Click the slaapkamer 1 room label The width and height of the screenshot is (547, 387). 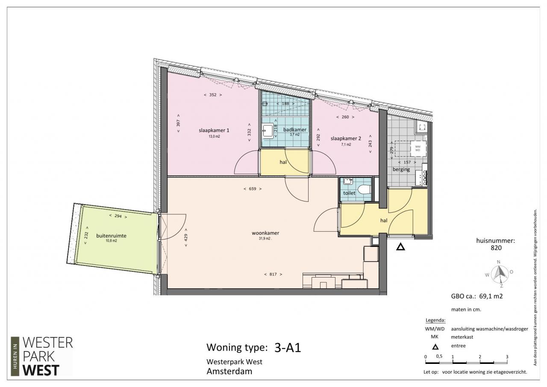click(214, 130)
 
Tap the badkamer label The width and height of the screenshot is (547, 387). click(295, 130)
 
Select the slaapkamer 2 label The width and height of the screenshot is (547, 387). click(346, 139)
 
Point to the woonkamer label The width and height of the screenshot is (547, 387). click(265, 233)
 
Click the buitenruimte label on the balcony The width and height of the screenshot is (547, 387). click(111, 236)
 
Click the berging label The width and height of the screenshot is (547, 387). click(401, 169)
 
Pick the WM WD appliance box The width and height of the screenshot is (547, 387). click(418, 148)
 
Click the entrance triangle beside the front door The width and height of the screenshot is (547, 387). click(400, 247)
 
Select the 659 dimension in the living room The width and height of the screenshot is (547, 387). click(253, 189)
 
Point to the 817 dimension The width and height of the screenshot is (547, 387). click(273, 275)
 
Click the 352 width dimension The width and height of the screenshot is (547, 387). click(213, 95)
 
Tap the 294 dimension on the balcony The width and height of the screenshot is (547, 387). click(118, 216)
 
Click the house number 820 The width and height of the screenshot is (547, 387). click(496, 248)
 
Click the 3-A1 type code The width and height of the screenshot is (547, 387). click(288, 348)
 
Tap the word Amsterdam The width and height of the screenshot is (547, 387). click(229, 371)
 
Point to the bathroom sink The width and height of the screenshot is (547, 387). click(268, 131)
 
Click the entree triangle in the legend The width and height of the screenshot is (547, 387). click(435, 347)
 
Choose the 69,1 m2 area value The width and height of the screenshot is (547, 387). click(491, 296)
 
